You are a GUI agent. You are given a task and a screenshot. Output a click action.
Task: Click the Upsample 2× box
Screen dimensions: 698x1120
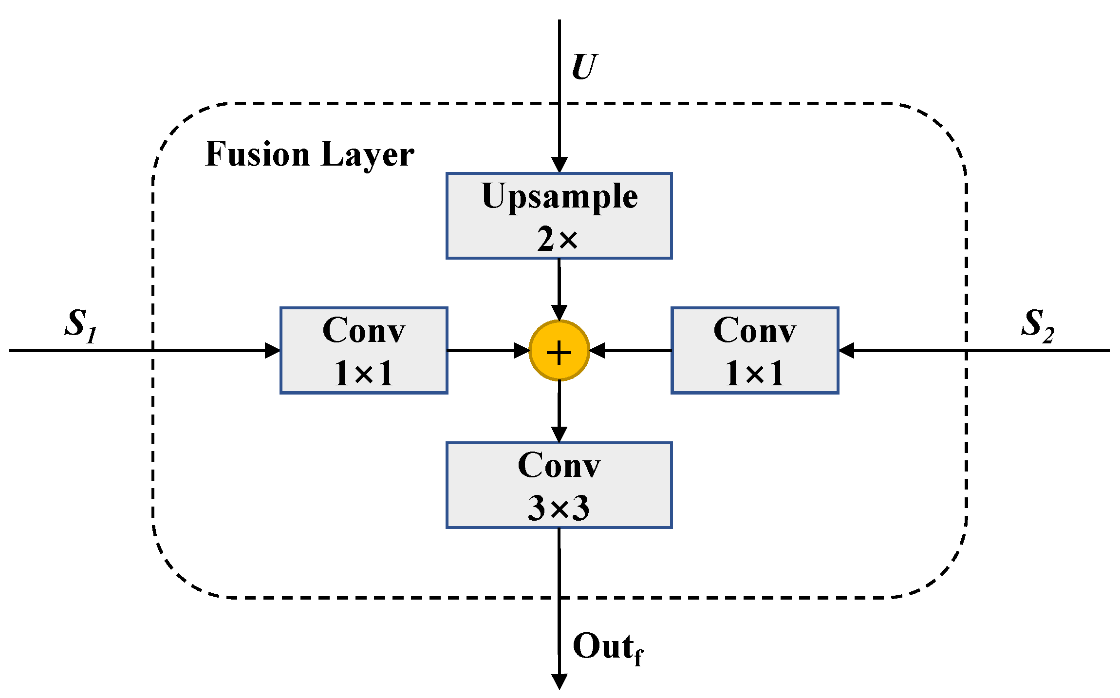click(x=559, y=215)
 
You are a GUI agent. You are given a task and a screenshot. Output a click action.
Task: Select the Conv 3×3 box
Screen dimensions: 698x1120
click(x=559, y=485)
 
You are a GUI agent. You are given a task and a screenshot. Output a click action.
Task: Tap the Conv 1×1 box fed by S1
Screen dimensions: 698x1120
click(x=363, y=350)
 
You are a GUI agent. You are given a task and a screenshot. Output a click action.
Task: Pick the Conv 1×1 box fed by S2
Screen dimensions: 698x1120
click(x=754, y=350)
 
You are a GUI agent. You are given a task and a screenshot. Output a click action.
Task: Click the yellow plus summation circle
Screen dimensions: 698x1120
click(x=559, y=351)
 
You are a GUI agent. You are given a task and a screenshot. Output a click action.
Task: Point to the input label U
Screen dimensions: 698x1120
click(x=583, y=67)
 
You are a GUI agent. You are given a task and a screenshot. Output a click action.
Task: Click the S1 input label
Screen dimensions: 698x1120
click(x=81, y=324)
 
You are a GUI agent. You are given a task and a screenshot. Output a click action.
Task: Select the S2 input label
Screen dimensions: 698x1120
click(x=1037, y=324)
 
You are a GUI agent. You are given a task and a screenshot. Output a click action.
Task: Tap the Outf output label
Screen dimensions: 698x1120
click(x=607, y=648)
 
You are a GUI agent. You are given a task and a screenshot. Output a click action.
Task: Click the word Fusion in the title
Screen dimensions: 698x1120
click(x=258, y=154)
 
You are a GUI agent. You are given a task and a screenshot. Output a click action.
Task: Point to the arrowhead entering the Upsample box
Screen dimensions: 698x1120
click(x=559, y=164)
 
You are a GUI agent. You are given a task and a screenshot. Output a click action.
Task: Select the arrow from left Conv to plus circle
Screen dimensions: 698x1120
click(x=487, y=350)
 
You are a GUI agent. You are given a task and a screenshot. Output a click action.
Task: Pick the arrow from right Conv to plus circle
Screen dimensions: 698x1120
click(x=631, y=350)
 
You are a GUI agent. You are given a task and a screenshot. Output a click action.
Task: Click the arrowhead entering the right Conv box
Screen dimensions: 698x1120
click(x=847, y=350)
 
